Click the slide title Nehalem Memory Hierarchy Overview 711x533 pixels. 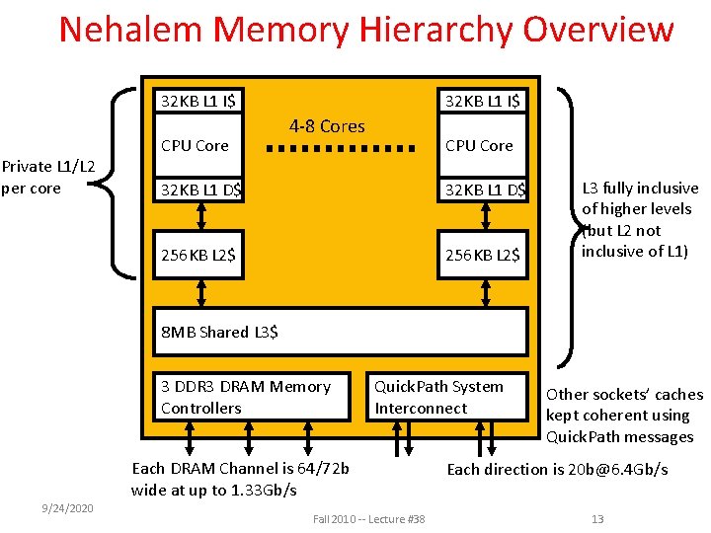click(365, 30)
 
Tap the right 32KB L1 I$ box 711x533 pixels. click(483, 101)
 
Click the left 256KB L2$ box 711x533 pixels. click(202, 255)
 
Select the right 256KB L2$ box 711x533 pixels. click(483, 255)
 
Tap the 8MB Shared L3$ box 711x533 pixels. click(341, 332)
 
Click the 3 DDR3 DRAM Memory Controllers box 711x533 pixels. click(251, 397)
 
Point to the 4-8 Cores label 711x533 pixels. click(327, 126)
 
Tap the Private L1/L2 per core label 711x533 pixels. click(48, 177)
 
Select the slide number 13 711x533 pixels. click(596, 519)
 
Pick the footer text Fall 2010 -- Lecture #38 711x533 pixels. click(368, 519)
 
